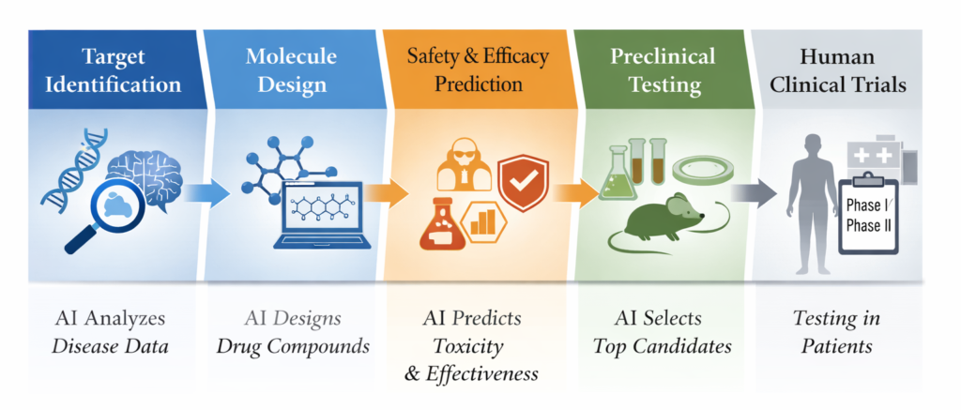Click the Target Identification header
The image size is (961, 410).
coord(116,69)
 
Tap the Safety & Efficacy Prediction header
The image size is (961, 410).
coord(477,69)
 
